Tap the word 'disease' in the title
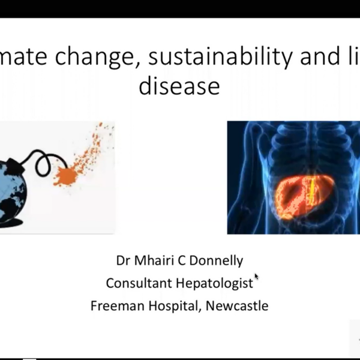point(179,86)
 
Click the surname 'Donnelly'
point(220,261)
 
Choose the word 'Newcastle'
point(237,305)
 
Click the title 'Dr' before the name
point(123,261)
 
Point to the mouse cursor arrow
point(257,277)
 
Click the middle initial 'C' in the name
point(184,261)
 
